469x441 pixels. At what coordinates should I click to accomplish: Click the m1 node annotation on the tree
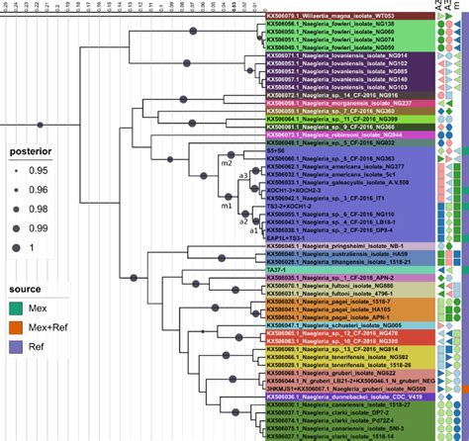pos(227,209)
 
